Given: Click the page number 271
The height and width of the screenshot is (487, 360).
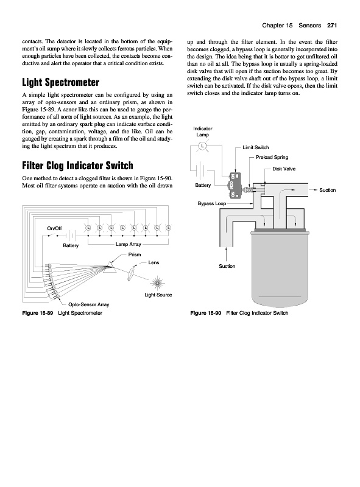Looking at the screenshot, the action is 332,26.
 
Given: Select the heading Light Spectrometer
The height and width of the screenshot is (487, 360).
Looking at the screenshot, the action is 61,82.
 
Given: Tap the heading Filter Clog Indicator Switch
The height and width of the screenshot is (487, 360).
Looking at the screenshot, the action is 77,166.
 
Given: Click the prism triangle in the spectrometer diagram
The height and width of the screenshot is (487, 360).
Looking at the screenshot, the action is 110,267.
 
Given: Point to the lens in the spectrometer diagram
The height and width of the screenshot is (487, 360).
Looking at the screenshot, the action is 132,273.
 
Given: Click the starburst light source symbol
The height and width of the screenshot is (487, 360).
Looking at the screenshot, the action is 157,283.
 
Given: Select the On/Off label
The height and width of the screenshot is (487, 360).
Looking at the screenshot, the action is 54,228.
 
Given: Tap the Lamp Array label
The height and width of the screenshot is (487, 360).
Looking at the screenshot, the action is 128,244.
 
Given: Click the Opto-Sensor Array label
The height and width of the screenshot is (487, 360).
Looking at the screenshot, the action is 88,305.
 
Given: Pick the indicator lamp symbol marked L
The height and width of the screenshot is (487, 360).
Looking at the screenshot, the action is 203,145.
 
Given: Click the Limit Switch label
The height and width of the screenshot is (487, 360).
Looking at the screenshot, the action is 256,147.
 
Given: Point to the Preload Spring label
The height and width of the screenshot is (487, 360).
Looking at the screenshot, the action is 272,157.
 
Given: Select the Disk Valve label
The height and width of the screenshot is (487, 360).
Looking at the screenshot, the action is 284,169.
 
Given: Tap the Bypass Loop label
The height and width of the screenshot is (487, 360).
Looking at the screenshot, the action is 212,203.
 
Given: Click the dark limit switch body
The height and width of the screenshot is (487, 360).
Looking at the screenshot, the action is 235,186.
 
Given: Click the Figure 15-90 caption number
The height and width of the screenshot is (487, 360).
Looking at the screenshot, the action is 205,313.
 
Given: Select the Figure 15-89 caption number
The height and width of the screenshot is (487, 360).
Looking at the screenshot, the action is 38,313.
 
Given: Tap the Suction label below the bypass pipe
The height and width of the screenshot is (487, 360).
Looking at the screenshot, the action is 227,266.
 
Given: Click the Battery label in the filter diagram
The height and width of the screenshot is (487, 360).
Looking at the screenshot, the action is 203,185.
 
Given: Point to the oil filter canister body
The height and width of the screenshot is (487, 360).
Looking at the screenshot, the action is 280,268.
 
